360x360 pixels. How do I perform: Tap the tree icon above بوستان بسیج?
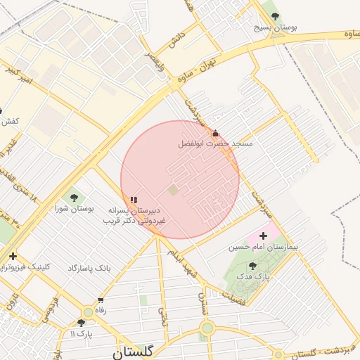275,15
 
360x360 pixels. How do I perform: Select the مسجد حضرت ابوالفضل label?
214,143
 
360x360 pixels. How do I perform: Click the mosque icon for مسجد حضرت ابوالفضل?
215,133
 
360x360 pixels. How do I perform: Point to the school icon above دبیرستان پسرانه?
134,200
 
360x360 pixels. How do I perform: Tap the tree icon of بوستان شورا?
74,198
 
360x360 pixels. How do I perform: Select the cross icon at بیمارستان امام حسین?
264,236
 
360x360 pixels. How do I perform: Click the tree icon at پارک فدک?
252,266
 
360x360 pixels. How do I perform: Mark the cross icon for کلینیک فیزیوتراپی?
13,256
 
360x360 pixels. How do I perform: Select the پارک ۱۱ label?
82,333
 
